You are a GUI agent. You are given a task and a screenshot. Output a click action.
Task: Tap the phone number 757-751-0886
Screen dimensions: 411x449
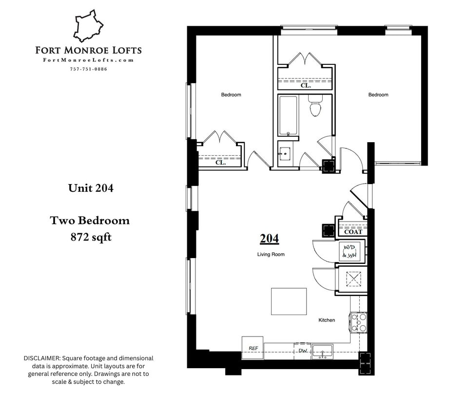coord(88,69)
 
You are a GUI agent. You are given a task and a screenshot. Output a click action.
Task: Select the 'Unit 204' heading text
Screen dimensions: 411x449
coord(91,188)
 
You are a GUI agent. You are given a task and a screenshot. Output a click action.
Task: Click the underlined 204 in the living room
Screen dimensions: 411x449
coord(269,239)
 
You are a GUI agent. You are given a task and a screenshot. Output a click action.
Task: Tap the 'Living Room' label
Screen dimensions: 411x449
coord(271,254)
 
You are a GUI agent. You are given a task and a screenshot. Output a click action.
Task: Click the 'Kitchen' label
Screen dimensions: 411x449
coord(327,320)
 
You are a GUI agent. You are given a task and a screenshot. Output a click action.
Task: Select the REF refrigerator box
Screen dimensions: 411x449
coord(253,348)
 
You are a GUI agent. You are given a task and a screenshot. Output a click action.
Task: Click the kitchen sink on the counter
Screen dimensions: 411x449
coord(322,351)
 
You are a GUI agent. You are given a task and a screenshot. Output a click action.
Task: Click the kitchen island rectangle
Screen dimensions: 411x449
coord(289,301)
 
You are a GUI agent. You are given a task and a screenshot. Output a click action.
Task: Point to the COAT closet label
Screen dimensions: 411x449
coord(353,232)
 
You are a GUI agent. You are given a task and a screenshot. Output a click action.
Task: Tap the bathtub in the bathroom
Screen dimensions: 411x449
coord(288,115)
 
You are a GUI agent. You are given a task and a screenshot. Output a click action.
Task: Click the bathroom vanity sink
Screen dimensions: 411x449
coord(284,154)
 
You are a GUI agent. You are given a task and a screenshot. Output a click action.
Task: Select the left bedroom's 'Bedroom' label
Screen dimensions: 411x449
coord(231,94)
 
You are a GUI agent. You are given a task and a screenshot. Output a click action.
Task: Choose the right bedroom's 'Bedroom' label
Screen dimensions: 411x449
coord(378,94)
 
